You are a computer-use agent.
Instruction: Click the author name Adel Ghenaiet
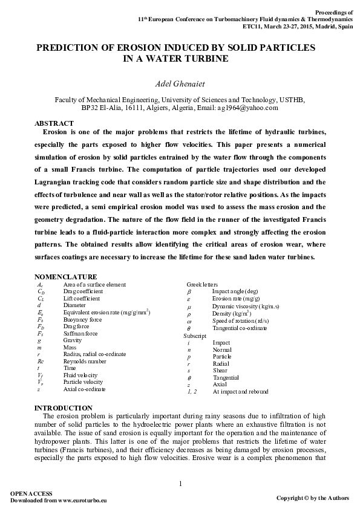point(180,83)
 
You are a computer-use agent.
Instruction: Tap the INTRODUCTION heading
point(64,408)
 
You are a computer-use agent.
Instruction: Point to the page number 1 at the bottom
point(180,482)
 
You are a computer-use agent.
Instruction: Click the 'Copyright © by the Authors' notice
point(312,498)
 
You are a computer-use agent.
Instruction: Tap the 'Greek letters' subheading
point(203,284)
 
